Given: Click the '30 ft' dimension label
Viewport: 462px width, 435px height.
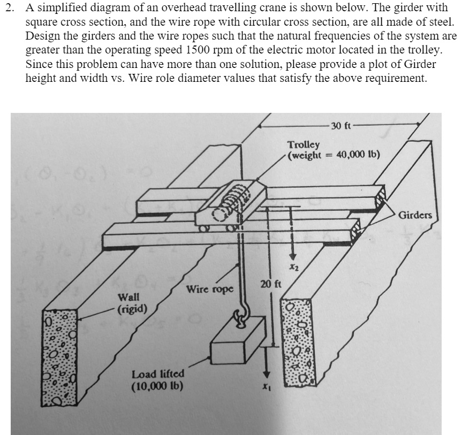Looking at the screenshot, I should pyautogui.click(x=340, y=126).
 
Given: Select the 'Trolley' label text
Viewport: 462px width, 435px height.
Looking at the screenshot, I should pyautogui.click(x=304, y=144).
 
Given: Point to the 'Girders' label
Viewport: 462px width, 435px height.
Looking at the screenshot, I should pyautogui.click(x=415, y=215).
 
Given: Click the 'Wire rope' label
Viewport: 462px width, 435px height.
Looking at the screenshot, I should pyautogui.click(x=210, y=289).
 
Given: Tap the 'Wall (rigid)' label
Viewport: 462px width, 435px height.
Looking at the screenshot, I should pyautogui.click(x=130, y=302).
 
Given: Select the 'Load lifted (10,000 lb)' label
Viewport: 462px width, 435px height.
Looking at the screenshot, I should pyautogui.click(x=158, y=379).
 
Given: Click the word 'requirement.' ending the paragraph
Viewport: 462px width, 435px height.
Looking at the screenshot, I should pyautogui.click(x=397, y=78).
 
